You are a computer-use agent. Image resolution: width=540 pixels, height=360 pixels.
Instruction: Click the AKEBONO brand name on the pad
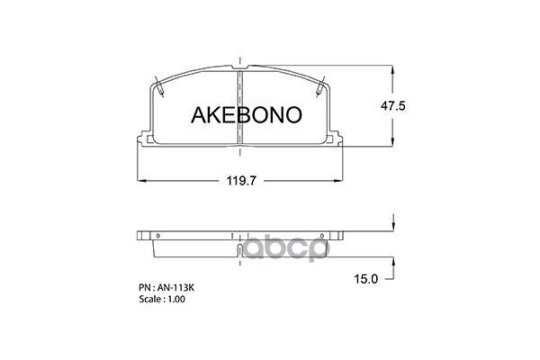(247, 114)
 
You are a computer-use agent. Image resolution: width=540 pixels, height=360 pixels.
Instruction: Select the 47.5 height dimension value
(393, 106)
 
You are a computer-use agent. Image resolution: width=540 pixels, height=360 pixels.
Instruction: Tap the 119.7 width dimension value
(241, 181)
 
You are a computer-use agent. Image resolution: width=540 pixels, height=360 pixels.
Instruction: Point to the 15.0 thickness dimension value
(366, 279)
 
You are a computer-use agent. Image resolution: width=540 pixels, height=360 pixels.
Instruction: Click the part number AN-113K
(176, 288)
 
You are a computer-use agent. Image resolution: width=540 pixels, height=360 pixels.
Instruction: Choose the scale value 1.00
(176, 299)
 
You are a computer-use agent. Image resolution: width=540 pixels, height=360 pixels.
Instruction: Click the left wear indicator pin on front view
(159, 86)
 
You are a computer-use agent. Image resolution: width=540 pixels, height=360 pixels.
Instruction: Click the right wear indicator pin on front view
(320, 86)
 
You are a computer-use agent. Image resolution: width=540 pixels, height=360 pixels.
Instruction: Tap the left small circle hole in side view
(158, 236)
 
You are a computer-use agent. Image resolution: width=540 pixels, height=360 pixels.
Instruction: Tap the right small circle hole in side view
(322, 236)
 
